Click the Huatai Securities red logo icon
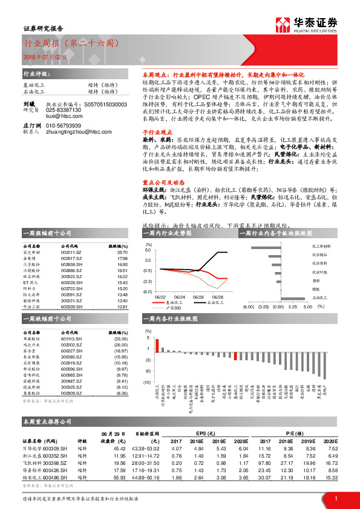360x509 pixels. coord(282,24)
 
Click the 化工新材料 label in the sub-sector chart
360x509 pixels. coord(321,247)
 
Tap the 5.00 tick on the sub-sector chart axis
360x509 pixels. coord(308,307)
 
